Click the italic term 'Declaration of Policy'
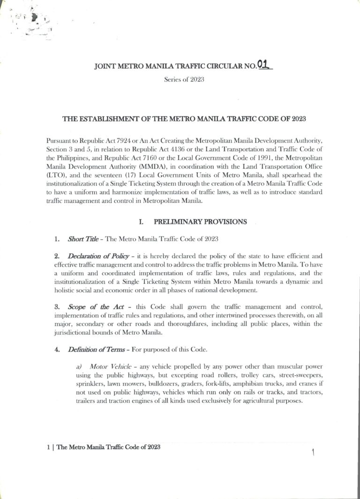[x=97, y=256]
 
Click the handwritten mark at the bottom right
[x=312, y=452]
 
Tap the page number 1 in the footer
[x=48, y=447]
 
